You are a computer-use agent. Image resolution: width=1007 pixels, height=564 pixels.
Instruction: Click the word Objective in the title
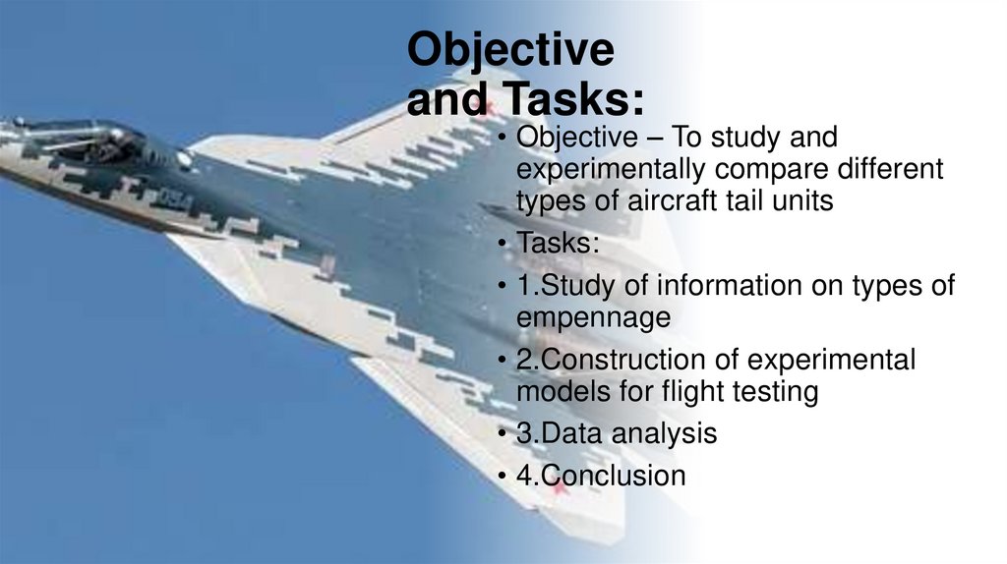tap(510, 51)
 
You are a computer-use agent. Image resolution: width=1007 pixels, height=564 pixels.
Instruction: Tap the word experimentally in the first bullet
tap(606, 170)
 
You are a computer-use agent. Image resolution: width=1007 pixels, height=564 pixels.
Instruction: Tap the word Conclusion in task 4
tap(614, 476)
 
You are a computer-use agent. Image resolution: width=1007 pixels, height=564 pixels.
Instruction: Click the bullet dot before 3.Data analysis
tap(503, 434)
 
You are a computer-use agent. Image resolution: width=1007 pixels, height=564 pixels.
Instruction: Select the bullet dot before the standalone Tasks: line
tap(503, 244)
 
